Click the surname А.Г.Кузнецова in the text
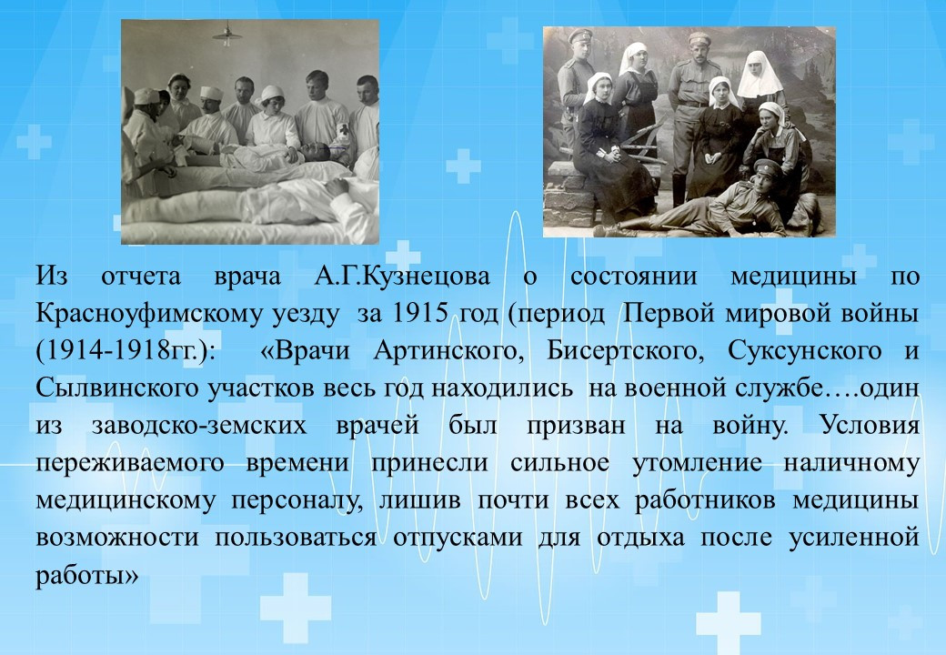coord(402,277)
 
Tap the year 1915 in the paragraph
coord(420,314)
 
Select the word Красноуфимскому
coord(149,315)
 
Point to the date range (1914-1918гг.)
coord(126,352)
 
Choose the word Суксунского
coord(804,352)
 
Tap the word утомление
coord(697,463)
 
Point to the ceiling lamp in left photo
coord(227,34)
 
